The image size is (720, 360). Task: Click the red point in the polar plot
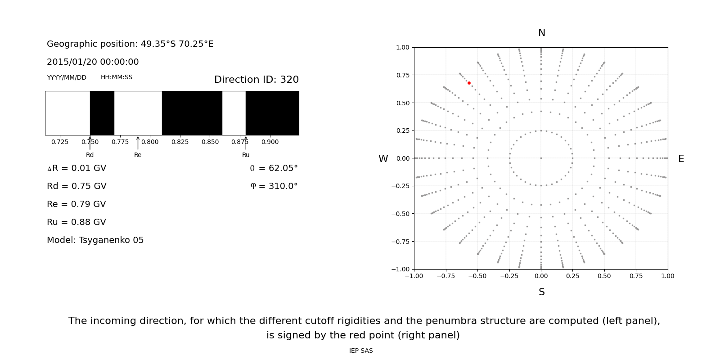[x=469, y=83]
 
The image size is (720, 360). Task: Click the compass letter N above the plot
[x=541, y=33]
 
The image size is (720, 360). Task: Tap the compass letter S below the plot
[x=541, y=292]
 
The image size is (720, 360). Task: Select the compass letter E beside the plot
[x=681, y=159]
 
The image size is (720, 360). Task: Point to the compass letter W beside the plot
[x=383, y=159]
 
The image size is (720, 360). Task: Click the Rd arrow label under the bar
[x=90, y=155]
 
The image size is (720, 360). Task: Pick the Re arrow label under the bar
[x=138, y=155]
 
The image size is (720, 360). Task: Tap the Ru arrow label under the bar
[x=246, y=155]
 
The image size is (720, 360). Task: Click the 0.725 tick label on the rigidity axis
[x=60, y=142]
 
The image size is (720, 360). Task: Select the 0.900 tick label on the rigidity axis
[x=270, y=142]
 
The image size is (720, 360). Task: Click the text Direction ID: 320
[x=256, y=80]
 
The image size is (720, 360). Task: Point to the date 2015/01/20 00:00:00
[x=93, y=62]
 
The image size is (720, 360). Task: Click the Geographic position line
[x=130, y=44]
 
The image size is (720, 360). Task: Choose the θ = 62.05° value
[x=274, y=168]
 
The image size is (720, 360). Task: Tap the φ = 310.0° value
[x=274, y=186]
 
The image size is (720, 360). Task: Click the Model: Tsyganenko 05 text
[x=95, y=240]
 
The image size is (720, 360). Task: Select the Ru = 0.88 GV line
[x=76, y=222]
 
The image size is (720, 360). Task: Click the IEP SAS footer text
[x=361, y=351]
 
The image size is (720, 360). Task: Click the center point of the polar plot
[x=541, y=158]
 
